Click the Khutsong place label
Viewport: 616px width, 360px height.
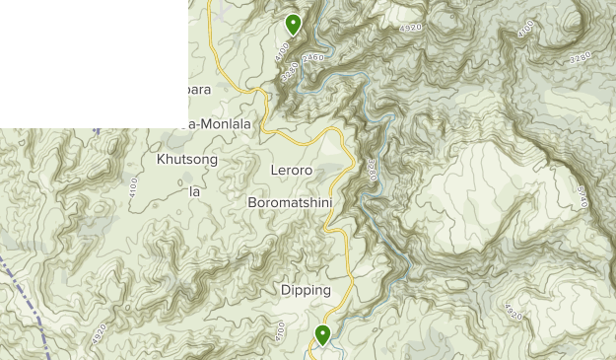[187, 159]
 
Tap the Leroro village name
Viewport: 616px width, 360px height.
[291, 171]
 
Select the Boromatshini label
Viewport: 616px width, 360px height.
[290, 203]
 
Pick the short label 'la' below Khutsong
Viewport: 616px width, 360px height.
[194, 191]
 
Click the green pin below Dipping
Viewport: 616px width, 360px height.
[322, 334]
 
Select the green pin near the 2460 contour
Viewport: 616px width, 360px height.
[293, 24]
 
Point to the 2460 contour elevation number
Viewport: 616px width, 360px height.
[313, 59]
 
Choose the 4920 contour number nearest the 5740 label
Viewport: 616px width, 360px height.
[512, 312]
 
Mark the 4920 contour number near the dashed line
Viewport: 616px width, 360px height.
[100, 333]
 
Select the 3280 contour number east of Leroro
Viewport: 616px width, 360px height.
[372, 169]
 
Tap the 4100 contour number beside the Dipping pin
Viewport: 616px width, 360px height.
[280, 330]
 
